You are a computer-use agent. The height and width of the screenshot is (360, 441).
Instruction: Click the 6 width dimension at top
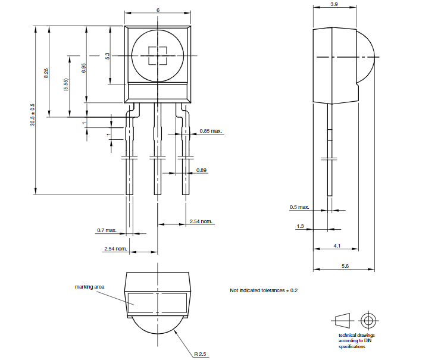tap(158, 10)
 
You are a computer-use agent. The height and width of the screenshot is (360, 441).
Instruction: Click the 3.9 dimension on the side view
tap(334, 4)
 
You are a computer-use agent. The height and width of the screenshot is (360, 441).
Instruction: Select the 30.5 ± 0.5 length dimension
tap(33, 114)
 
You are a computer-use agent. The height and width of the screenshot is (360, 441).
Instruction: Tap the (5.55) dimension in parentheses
tap(66, 84)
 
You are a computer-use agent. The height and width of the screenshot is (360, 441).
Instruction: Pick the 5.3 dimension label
tap(108, 56)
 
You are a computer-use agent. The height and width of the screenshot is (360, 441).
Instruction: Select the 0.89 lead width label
tap(202, 171)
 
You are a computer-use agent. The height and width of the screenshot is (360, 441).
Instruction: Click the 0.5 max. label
tap(299, 207)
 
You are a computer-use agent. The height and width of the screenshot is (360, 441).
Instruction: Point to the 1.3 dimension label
tap(299, 226)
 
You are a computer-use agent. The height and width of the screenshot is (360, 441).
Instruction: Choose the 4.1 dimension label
tap(337, 245)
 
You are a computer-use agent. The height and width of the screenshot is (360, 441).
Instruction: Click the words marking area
tap(89, 287)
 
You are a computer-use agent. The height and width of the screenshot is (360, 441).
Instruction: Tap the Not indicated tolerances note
tap(263, 290)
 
